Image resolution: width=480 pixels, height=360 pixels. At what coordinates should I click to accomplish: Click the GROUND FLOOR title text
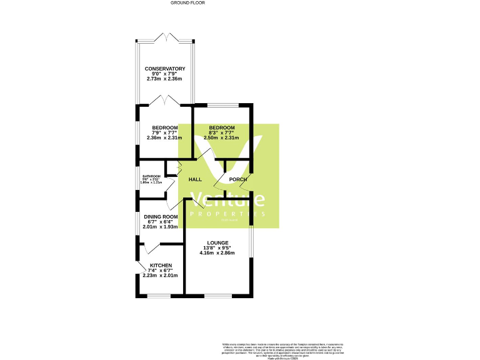[x=187, y=3]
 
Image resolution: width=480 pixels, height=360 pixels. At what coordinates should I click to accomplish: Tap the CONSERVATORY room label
[x=165, y=69]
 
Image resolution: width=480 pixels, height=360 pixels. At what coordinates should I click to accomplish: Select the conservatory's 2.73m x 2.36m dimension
[x=165, y=79]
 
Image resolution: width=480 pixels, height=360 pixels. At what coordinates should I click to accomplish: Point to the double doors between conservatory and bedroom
[x=165, y=100]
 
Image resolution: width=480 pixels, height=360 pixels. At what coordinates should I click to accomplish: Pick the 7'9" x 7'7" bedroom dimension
[x=165, y=132]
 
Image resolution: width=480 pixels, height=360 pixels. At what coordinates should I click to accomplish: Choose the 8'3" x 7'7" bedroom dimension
[x=222, y=132]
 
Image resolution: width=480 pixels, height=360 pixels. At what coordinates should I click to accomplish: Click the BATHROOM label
[x=151, y=176]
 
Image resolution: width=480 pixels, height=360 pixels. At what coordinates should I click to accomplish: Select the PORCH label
[x=237, y=180]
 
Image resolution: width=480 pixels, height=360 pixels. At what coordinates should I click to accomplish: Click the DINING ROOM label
[x=161, y=217]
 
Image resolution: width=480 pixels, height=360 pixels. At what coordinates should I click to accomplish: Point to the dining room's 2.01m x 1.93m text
[x=161, y=227]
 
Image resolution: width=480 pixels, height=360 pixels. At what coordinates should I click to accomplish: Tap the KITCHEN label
[x=161, y=265]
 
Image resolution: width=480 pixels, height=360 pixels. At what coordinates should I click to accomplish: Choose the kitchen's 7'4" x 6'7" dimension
[x=161, y=270]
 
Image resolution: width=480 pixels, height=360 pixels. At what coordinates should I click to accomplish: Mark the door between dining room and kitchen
[x=150, y=248]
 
